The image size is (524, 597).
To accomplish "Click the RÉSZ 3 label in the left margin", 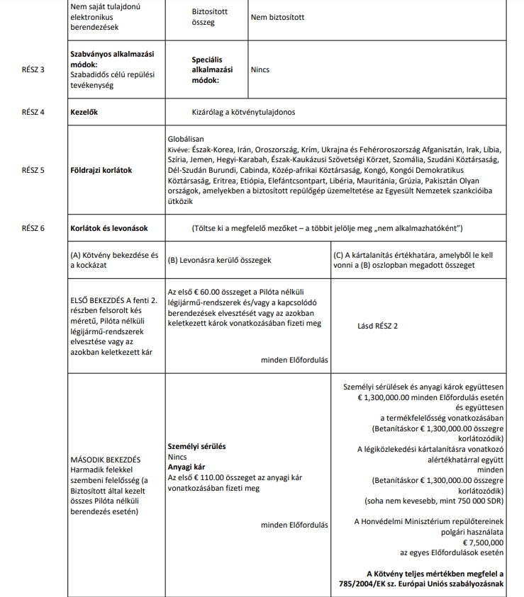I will tap(33, 70).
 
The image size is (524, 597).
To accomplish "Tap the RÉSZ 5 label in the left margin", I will tap(33, 170).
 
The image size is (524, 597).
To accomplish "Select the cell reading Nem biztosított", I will tap(277, 18).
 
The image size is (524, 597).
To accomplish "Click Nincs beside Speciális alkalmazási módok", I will tap(260, 70).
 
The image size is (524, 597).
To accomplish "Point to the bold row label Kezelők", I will tap(84, 112).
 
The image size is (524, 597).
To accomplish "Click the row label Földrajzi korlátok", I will tap(101, 170).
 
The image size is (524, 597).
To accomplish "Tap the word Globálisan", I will tap(185, 140).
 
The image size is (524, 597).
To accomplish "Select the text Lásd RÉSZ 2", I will tap(378, 326).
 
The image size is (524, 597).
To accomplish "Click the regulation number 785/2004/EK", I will tap(368, 584).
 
